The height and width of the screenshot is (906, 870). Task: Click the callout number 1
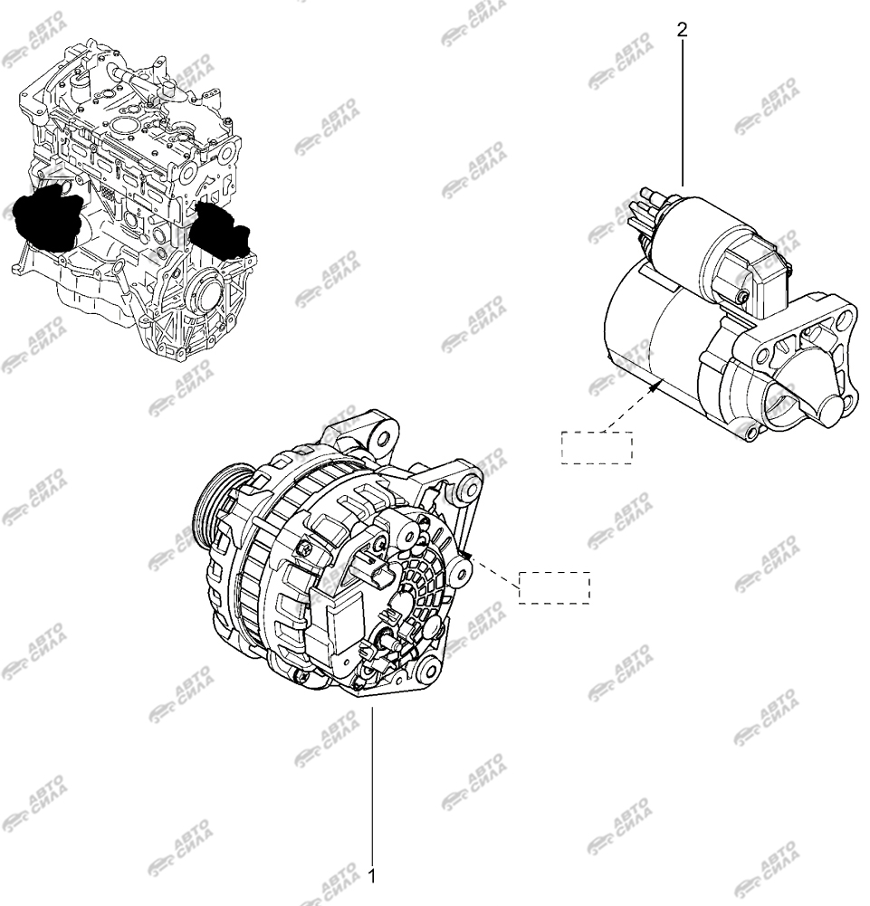pos(372,876)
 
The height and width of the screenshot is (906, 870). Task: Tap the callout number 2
pos(682,30)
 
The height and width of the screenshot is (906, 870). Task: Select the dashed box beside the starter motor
pos(597,447)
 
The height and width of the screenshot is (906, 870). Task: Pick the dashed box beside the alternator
pos(554,587)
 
